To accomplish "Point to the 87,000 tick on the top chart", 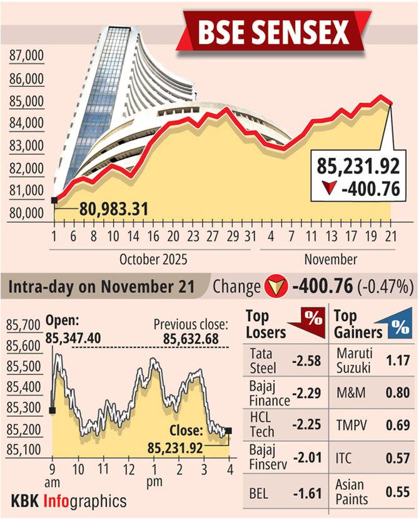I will (27, 57).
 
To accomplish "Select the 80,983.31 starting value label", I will (114, 208).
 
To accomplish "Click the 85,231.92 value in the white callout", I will (358, 167).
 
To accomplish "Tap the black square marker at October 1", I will (54, 200).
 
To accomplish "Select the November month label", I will (331, 259).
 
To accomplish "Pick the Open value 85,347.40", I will (73, 339).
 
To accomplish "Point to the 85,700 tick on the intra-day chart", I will (23, 326).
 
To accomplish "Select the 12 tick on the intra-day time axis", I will (128, 468).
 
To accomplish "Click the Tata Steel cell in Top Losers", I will (263, 360).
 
